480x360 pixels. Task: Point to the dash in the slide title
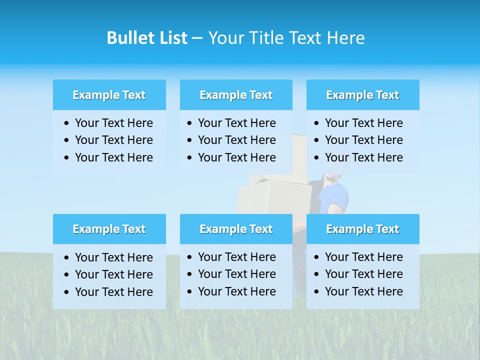197,38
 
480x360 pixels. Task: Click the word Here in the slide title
345,38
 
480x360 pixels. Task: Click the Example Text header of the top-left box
109,95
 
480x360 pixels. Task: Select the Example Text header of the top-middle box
236,95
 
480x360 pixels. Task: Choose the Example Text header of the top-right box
362,95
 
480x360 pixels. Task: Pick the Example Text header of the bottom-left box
109,229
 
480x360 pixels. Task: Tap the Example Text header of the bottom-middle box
236,229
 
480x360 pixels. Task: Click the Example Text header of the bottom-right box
362,229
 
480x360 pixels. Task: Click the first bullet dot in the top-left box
67,123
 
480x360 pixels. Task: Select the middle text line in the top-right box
363,140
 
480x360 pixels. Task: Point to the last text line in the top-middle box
236,157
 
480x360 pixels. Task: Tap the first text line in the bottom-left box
113,257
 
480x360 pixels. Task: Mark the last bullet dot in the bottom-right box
316,292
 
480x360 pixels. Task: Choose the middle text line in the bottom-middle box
236,274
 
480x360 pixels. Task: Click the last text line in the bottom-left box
113,292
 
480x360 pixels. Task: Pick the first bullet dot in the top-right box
316,123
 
